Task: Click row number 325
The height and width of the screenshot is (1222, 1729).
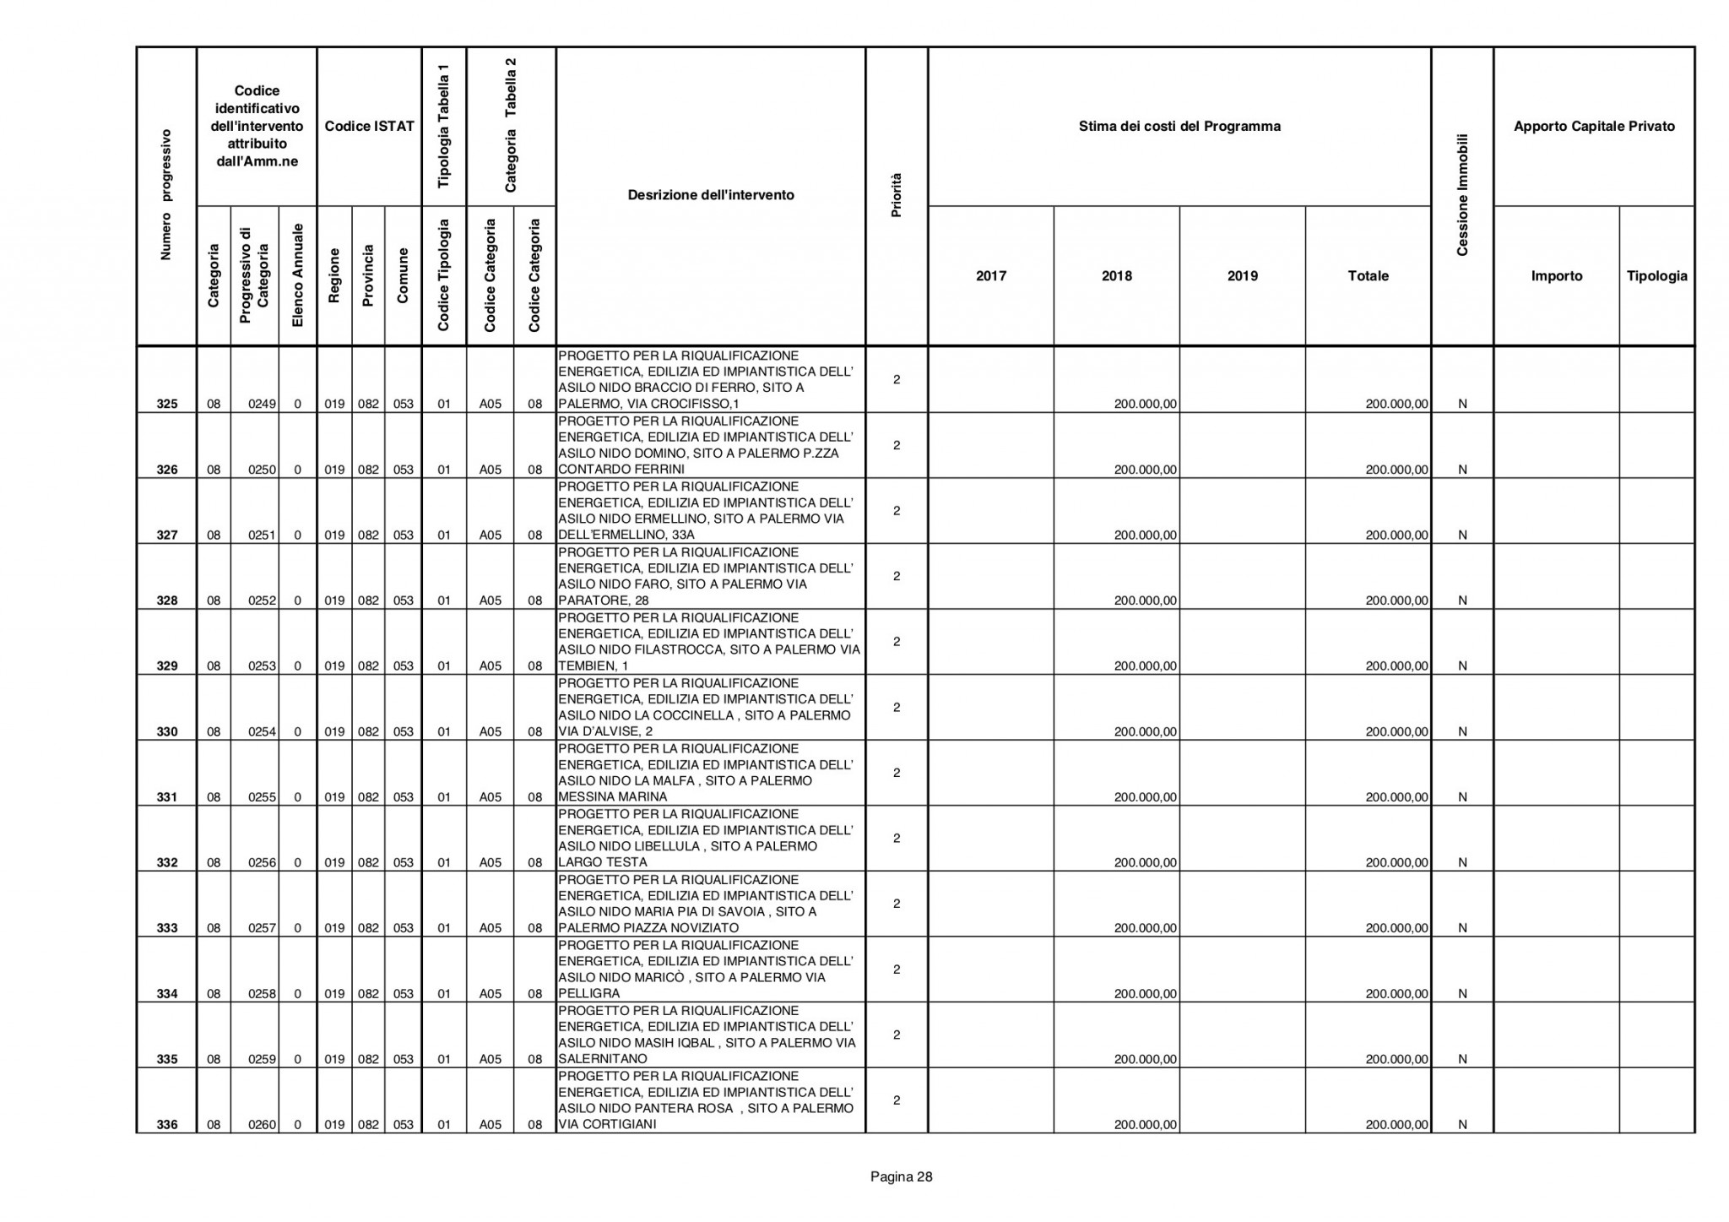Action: click(x=167, y=404)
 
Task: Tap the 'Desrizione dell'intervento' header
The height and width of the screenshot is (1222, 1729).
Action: click(x=711, y=195)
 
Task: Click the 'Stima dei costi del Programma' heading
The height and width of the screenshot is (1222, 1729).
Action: click(x=1179, y=127)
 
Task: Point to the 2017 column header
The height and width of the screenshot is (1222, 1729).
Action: click(x=991, y=276)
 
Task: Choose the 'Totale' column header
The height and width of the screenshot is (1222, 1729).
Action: click(x=1368, y=276)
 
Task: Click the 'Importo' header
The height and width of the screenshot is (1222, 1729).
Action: click(x=1557, y=276)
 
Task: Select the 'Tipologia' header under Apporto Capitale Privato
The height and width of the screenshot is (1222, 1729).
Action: click(x=1656, y=276)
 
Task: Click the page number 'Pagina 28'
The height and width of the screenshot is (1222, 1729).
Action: click(x=902, y=1176)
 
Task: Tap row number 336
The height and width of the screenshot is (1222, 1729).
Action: click(x=167, y=1125)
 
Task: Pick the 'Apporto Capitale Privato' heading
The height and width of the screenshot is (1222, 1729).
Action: click(x=1594, y=127)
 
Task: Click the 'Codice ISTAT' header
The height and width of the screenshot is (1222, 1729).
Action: click(x=369, y=127)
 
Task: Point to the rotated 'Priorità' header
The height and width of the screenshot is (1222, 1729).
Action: click(x=897, y=195)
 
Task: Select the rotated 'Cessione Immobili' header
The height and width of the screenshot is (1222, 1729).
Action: click(x=1462, y=195)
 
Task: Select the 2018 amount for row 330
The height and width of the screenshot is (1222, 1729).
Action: click(x=1145, y=731)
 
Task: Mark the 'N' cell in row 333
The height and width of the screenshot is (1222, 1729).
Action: click(x=1462, y=928)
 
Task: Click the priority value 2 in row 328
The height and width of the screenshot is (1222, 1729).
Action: click(x=897, y=576)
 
